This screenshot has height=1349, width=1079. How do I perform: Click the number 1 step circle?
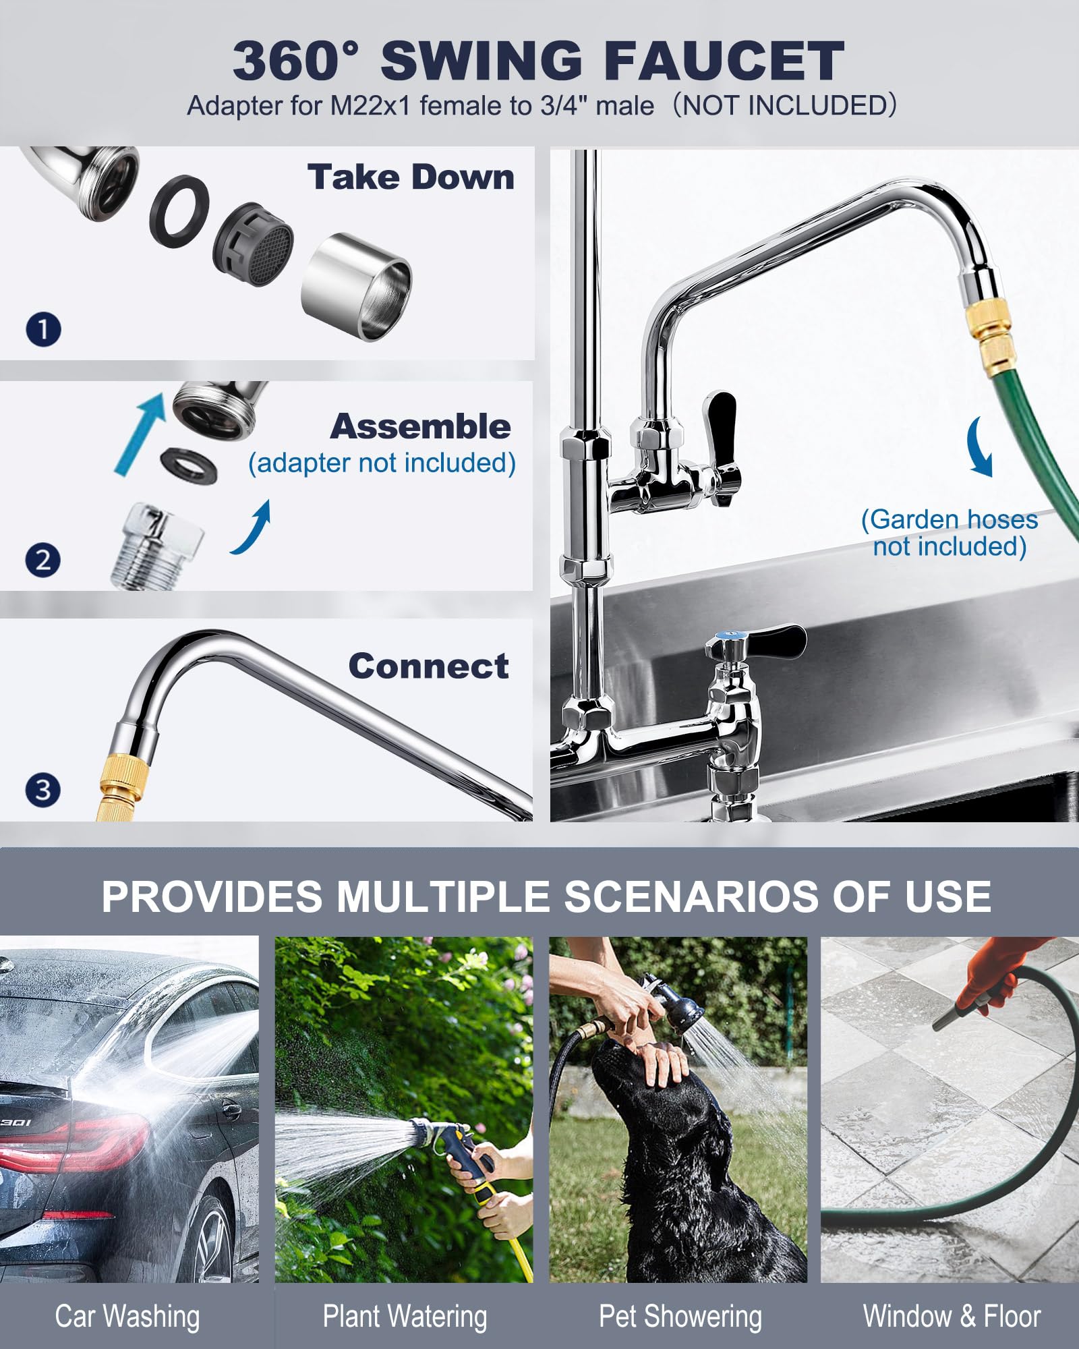coord(43,329)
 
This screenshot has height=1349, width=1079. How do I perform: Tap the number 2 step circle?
coord(42,560)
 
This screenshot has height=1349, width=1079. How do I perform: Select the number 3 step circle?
coord(42,790)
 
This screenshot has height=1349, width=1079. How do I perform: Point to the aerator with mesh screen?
coord(254,240)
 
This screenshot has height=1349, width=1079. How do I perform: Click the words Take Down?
coord(411,177)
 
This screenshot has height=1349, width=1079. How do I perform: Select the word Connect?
coord(428,666)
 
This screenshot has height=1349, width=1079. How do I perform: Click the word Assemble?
coord(421,426)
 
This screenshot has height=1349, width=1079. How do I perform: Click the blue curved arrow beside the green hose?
coord(980,447)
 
